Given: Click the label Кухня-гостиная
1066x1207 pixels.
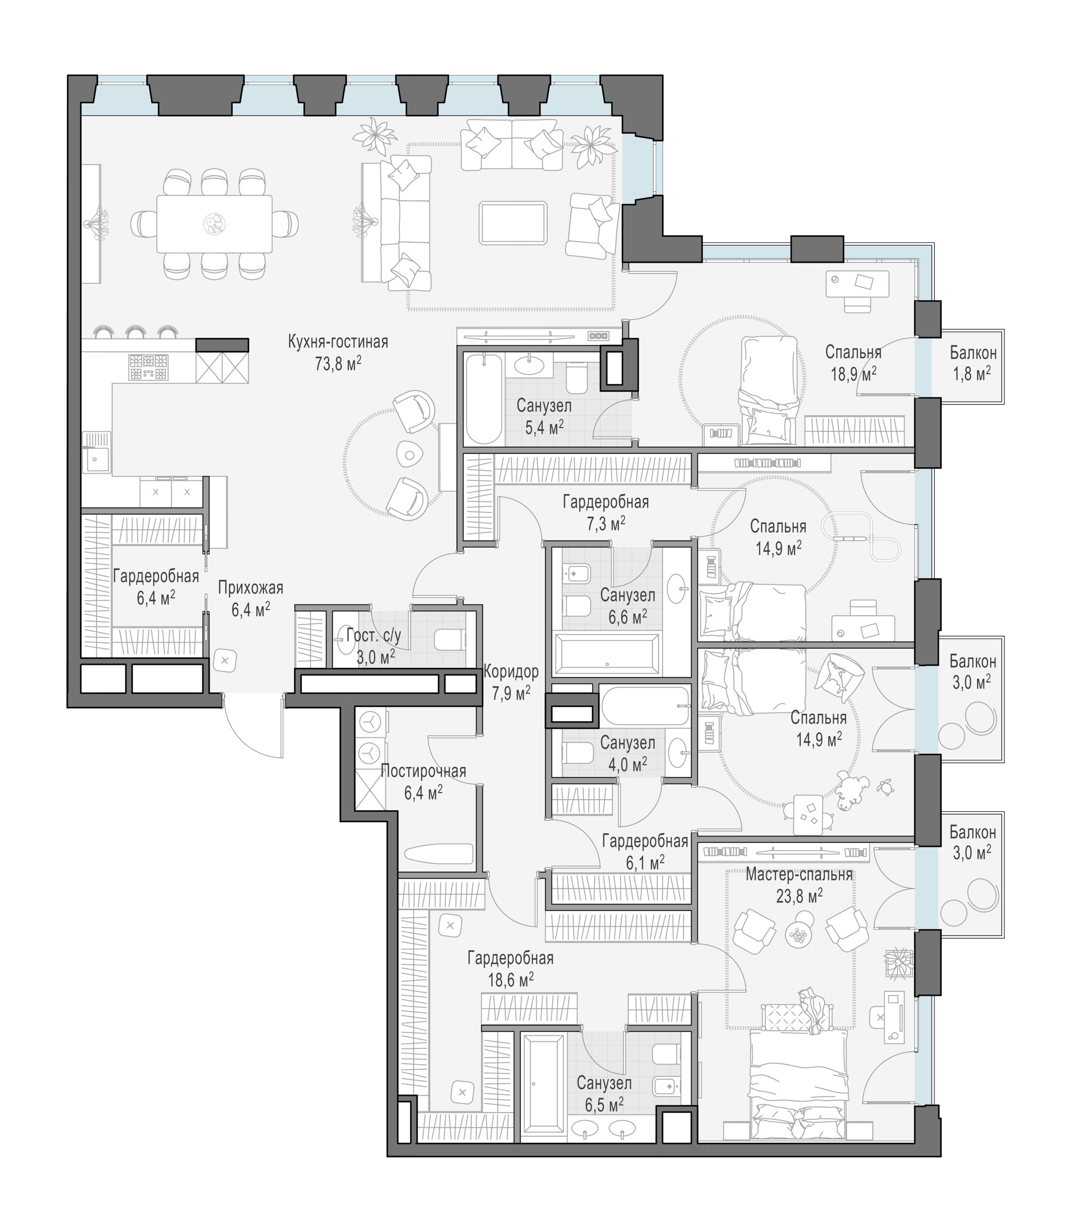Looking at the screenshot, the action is coord(338,342).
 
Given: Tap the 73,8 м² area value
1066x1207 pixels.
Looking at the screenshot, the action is coord(338,363).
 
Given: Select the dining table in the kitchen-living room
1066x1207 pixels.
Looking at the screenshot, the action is coord(214,224).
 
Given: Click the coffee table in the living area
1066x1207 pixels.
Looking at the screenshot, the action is coord(513,223).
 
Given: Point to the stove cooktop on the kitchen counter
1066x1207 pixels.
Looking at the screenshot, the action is coord(148,367).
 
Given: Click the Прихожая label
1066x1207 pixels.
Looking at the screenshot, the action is coord(251,588).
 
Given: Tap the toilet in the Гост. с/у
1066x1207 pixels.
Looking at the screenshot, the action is coord(449,640).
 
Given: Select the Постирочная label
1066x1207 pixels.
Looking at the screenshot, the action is coord(423,771).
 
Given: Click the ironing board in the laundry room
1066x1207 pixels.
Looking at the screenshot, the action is coord(439,854).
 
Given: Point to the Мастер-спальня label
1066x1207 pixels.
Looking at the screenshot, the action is coord(799,874).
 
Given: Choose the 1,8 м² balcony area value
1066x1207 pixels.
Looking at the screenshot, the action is coord(971,374).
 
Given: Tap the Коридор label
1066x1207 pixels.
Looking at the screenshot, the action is coord(511,672).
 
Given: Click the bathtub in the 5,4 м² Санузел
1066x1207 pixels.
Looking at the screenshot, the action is coord(483,399).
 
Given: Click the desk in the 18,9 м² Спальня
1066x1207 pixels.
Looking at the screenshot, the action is coord(857,283).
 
